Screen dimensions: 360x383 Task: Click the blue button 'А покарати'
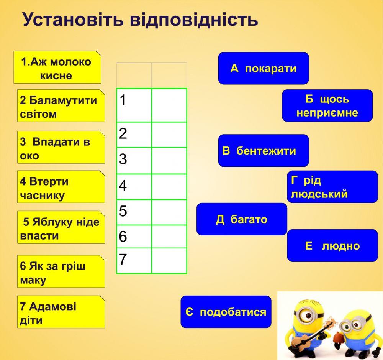pos(264,68)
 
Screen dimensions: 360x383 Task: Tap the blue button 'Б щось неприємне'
pos(327,105)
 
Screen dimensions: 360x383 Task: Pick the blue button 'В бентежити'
pos(264,150)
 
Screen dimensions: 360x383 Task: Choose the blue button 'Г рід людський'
pos(332,187)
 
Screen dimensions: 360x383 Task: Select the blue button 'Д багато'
pos(242,219)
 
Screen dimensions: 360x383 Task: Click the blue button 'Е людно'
pos(332,245)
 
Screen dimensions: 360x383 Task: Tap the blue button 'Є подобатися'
pos(226,312)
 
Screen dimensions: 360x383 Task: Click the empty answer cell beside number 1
pos(169,105)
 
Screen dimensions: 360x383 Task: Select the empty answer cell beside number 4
pos(169,187)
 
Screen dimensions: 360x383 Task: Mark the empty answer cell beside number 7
pos(169,261)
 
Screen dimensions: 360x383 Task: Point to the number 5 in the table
pos(123,211)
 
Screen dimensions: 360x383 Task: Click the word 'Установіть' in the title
pos(73,20)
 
